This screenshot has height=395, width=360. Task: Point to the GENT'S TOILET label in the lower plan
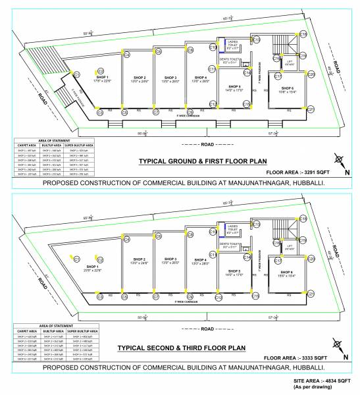(x=230, y=244)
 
